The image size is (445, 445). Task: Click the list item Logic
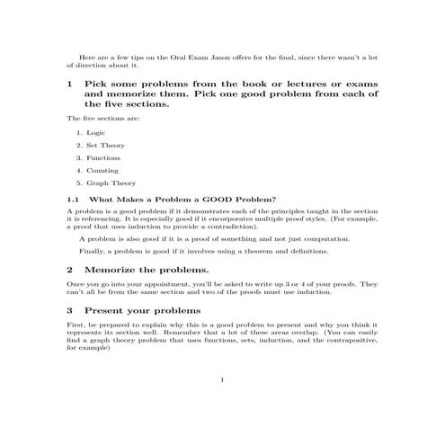point(95,132)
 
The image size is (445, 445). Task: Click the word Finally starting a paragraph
point(93,252)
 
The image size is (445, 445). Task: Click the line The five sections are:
point(103,118)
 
